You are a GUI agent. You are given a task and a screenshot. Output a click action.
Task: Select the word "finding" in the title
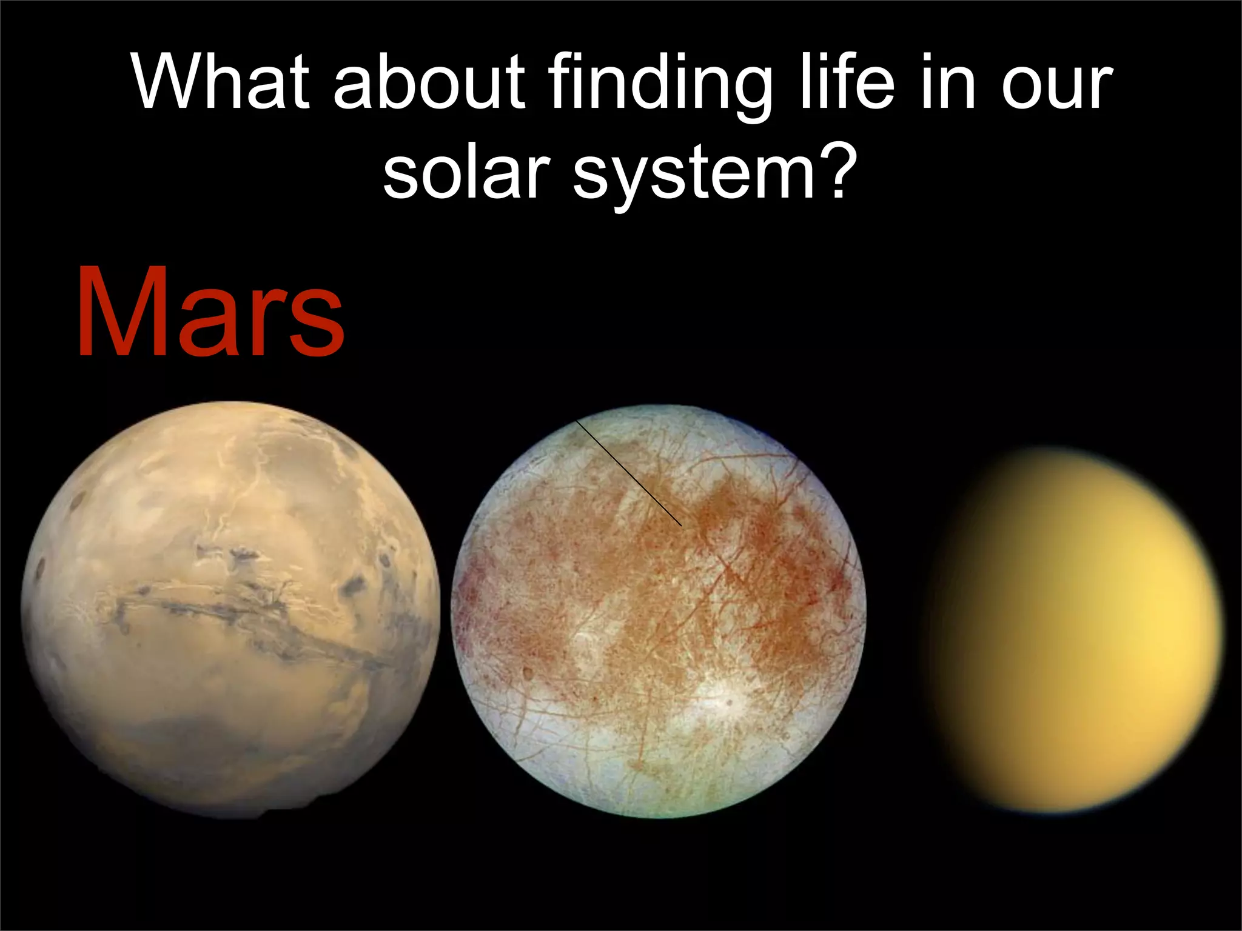click(661, 88)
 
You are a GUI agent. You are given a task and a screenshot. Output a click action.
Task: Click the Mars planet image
click(230, 609)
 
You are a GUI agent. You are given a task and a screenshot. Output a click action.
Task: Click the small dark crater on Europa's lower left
click(527, 672)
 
